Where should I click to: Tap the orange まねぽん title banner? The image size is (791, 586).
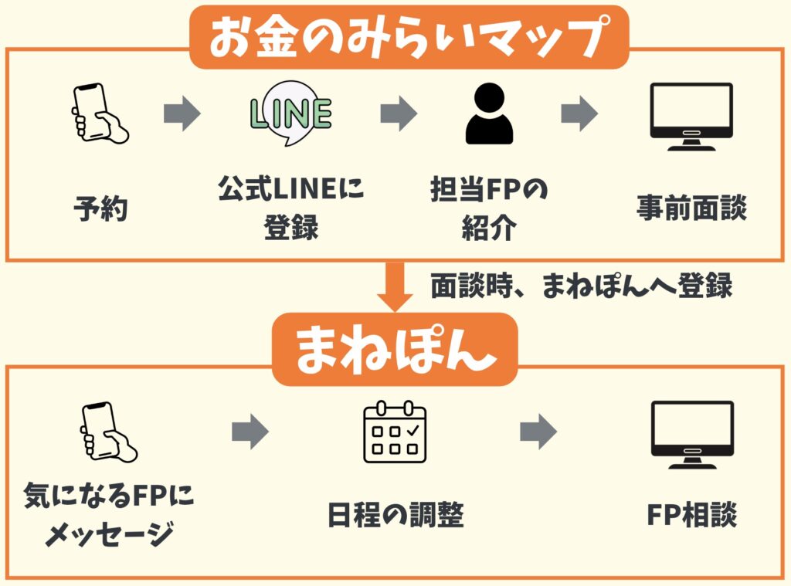click(395, 349)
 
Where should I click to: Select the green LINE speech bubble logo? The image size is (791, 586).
click(291, 116)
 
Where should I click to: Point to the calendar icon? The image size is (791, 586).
click(394, 432)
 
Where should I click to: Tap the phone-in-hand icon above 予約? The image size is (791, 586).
click(99, 114)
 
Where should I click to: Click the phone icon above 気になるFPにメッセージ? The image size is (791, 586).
click(107, 432)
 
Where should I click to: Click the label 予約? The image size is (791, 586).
click(100, 208)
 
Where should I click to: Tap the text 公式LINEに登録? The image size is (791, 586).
click(291, 209)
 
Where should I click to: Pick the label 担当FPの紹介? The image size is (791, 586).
click(488, 209)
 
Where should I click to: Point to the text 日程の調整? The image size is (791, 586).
click(394, 513)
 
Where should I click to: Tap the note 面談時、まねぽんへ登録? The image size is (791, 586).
click(581, 287)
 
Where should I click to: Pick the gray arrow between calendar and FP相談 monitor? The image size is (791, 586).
click(538, 432)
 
